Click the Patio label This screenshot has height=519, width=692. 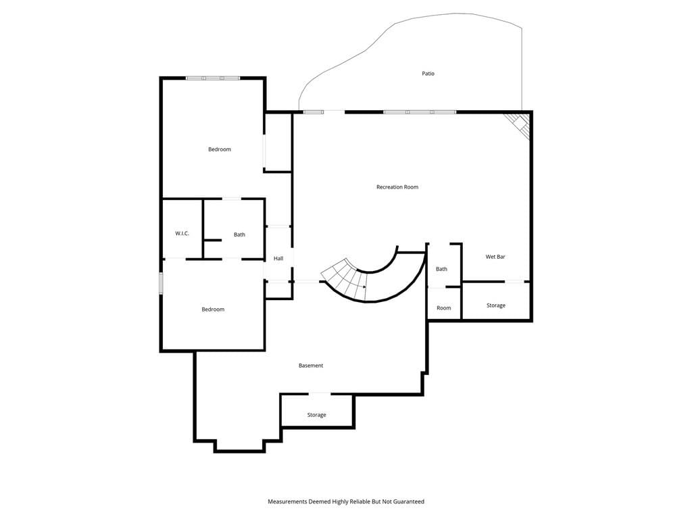point(428,74)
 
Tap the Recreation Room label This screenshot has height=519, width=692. point(397,187)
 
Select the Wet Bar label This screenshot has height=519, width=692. point(495,257)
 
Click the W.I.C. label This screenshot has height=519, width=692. point(182,233)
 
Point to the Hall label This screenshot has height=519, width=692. point(278,259)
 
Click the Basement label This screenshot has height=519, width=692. point(311,366)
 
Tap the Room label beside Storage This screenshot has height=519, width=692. point(443,308)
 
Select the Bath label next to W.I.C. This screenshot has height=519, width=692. point(239,234)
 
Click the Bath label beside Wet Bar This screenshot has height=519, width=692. point(441,269)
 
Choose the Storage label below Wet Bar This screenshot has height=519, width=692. point(495,305)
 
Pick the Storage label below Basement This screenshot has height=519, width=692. point(316,415)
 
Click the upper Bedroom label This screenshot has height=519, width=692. point(220,149)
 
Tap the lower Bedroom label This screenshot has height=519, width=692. point(213,310)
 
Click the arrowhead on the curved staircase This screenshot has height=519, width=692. point(364,287)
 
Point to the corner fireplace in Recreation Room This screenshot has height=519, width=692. point(517,125)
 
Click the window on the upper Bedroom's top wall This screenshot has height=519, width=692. point(213,78)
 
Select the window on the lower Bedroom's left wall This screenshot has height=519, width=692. point(161,283)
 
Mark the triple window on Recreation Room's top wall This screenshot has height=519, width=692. point(419,112)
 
